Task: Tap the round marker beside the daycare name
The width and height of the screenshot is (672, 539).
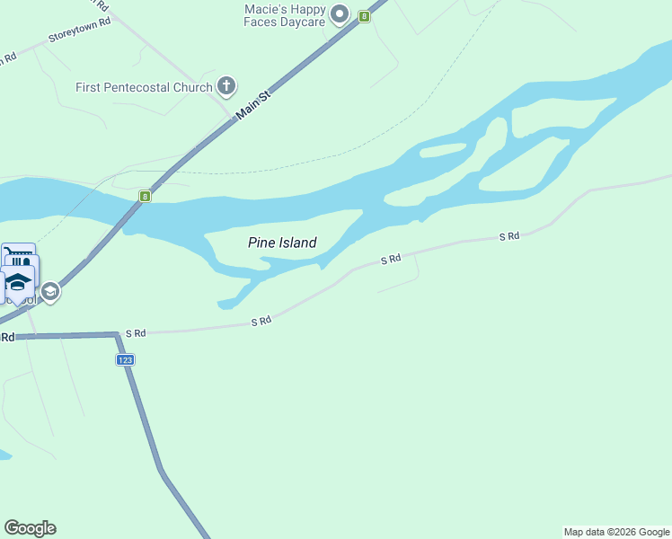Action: [340, 13]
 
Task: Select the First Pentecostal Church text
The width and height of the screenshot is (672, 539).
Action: [144, 87]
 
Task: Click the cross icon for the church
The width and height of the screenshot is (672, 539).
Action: [226, 87]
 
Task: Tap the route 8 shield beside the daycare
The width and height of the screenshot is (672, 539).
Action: [364, 16]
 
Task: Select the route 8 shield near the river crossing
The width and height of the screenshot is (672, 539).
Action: [144, 195]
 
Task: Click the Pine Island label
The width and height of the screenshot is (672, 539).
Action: [282, 243]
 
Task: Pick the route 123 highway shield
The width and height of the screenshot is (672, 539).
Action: [125, 359]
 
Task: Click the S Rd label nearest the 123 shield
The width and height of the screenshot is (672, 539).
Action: [136, 333]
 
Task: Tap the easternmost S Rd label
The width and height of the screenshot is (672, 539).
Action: [509, 236]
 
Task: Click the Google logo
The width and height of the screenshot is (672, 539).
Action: [30, 528]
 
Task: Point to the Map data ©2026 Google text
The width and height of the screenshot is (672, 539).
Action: [616, 532]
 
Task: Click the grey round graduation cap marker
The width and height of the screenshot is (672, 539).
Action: [51, 291]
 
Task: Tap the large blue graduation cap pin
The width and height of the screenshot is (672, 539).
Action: [17, 282]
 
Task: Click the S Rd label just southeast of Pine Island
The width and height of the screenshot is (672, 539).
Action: [390, 260]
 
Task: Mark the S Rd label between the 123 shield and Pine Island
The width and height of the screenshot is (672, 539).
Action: [261, 321]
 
